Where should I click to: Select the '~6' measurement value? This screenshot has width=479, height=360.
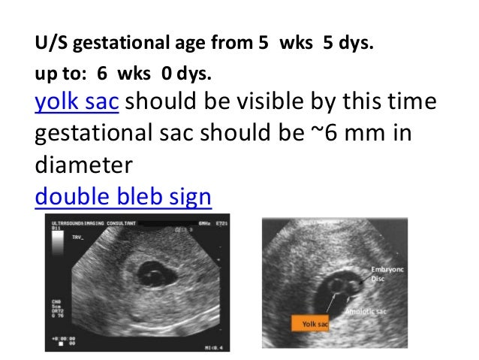pyautogui.click(x=324, y=133)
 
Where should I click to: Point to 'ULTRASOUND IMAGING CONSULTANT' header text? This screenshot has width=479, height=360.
pyautogui.click(x=90, y=225)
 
